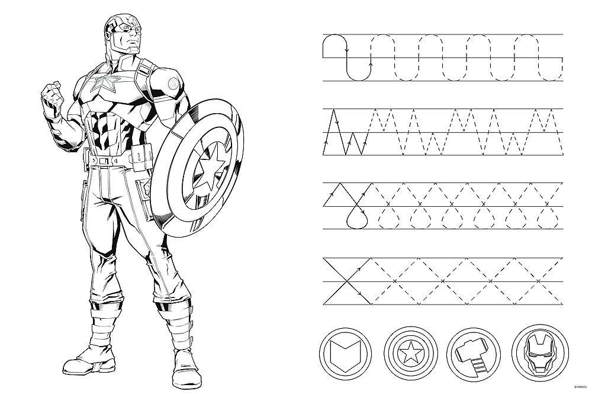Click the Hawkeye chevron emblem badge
(x=346, y=354)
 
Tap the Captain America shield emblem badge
(x=411, y=354)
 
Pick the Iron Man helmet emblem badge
(x=540, y=353)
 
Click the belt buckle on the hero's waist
(x=104, y=161)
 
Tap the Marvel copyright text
(x=581, y=386)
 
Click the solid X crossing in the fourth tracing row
(x=346, y=281)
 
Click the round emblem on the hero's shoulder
(x=173, y=83)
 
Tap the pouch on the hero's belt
(x=142, y=158)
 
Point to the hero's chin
(x=132, y=50)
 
